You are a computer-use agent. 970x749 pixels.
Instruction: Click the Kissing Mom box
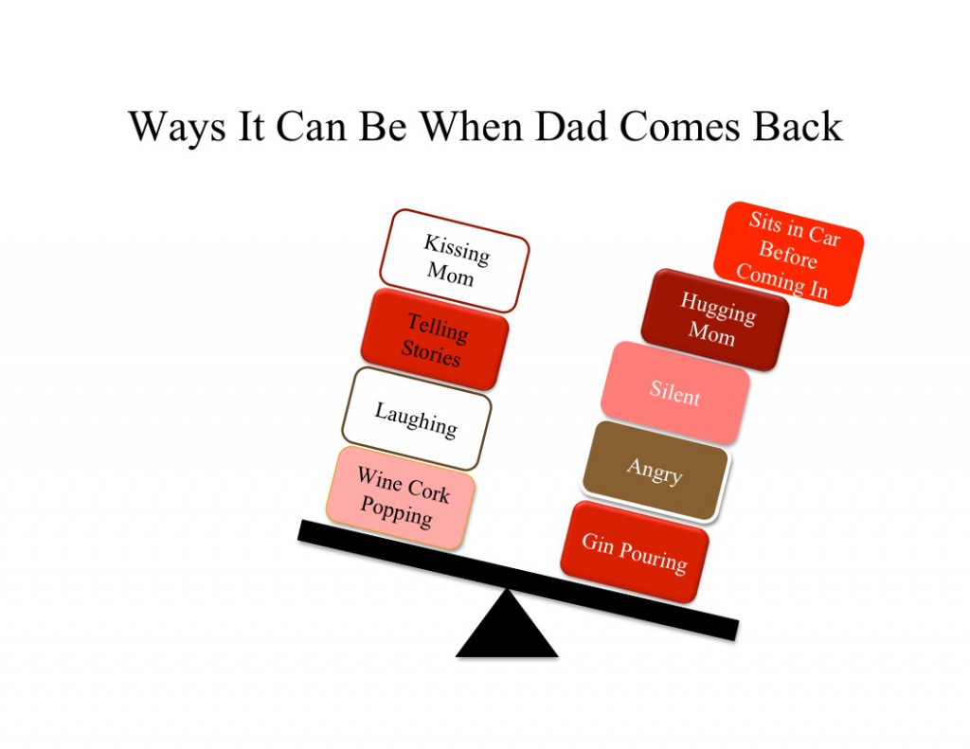pos(454,260)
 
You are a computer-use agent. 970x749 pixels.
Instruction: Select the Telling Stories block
pos(434,340)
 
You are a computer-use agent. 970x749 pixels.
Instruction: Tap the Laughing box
pos(417,419)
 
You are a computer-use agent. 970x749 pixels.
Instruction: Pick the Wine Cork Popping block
pos(401,498)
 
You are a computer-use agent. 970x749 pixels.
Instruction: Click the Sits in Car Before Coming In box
pos(788,254)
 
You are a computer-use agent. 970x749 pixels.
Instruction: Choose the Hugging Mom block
pos(715,320)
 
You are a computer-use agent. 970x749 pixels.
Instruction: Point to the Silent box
pos(674,392)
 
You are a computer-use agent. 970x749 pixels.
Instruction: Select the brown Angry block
pos(656,472)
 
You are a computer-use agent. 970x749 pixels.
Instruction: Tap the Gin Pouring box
pos(635,552)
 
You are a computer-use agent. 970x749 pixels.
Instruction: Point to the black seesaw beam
pos(518,580)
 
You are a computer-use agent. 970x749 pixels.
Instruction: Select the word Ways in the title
pos(177,129)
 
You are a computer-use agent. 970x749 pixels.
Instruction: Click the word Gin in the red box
pos(598,542)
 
